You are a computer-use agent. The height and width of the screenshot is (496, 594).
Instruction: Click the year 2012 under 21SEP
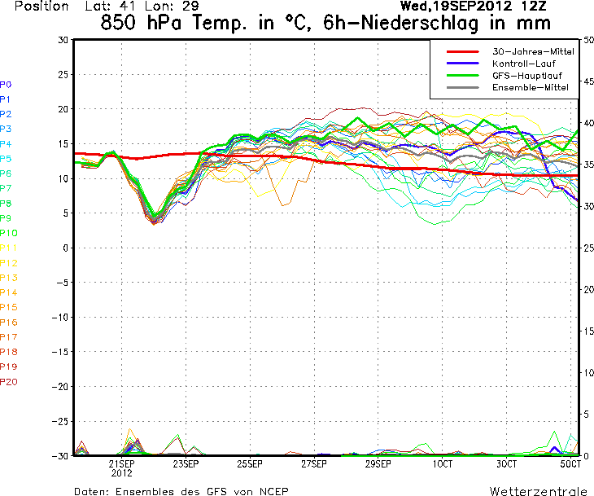tap(122, 472)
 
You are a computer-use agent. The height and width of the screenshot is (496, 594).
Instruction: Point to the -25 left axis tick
tap(59, 421)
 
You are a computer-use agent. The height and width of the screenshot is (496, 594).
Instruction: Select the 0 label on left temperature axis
tap(63, 248)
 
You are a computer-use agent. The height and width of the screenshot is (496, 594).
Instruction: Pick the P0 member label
tap(6, 84)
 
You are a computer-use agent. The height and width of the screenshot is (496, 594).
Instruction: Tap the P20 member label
tap(9, 381)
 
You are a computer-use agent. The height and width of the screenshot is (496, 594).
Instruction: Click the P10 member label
tap(9, 233)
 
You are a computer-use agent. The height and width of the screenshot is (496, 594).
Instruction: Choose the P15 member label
tap(9, 307)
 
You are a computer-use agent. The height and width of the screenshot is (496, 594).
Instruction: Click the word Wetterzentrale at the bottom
tap(538, 492)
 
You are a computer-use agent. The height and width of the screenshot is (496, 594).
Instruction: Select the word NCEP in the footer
tap(271, 492)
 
